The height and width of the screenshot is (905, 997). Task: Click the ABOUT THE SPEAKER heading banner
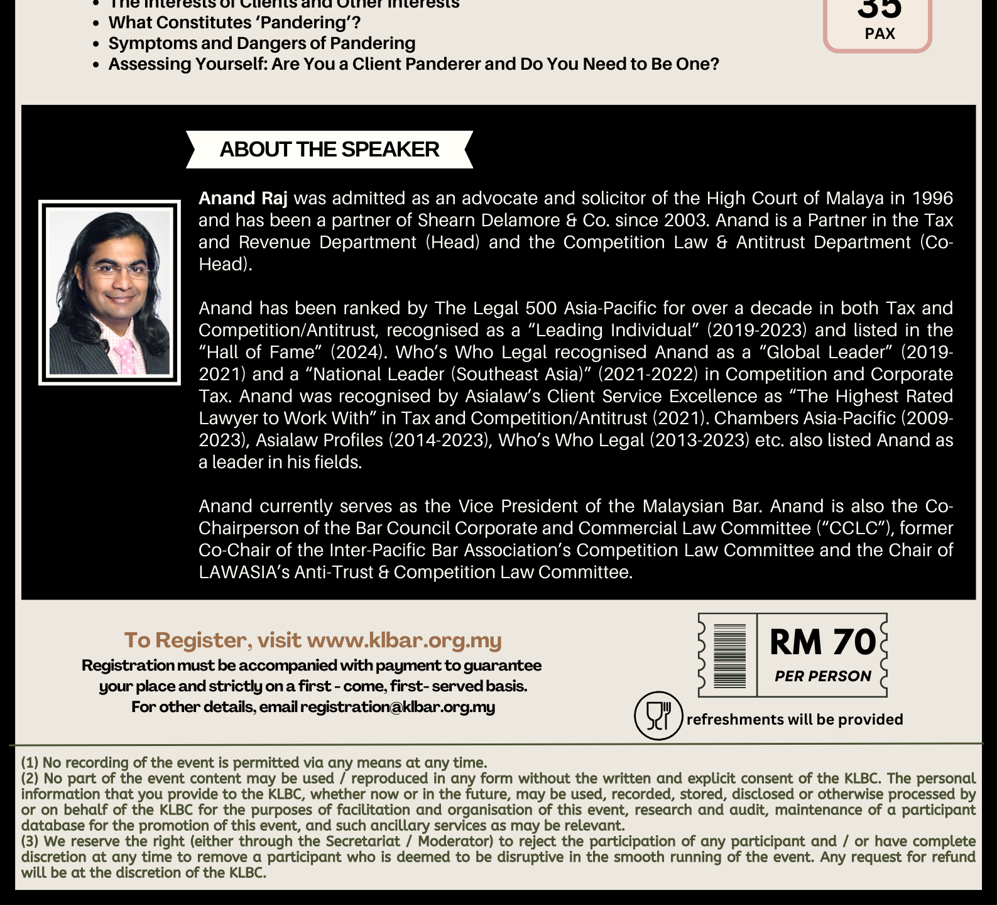(329, 150)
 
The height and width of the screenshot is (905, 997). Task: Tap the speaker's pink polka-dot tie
(126, 356)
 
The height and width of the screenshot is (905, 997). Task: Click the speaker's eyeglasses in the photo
(117, 271)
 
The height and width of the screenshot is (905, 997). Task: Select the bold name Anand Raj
(243, 199)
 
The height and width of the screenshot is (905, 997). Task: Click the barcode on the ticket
(729, 655)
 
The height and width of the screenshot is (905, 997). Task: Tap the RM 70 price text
(822, 642)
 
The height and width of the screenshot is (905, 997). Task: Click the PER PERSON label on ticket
(822, 676)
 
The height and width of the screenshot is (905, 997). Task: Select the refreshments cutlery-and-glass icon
(658, 715)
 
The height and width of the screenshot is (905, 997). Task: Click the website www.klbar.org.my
(404, 640)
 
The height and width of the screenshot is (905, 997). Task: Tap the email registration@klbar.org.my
(398, 707)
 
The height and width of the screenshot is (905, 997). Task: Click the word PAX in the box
(880, 33)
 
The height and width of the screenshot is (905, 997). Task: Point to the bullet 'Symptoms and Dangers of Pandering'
(262, 43)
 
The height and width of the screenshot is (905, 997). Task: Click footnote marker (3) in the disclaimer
(30, 842)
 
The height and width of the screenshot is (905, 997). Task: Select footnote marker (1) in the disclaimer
(30, 763)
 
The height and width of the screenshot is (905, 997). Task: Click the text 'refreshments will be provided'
(795, 720)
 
